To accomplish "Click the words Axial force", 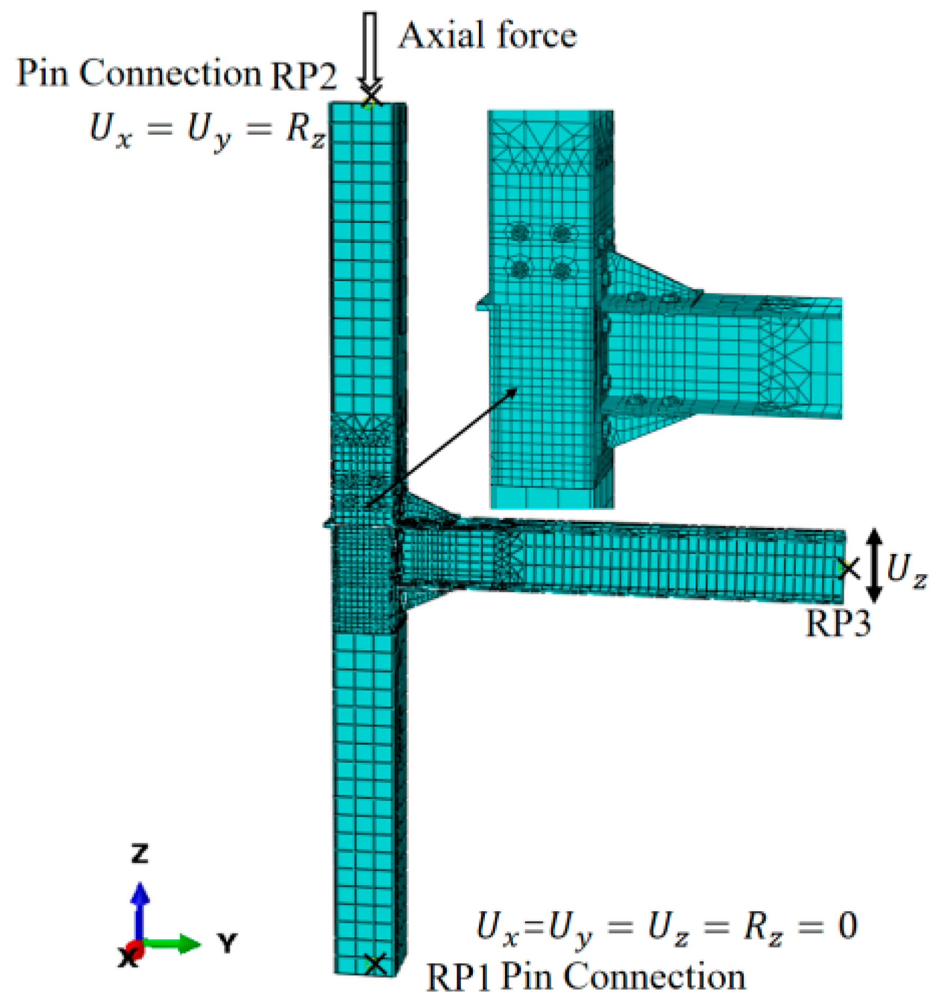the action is point(488,36).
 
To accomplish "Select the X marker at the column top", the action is point(371,98).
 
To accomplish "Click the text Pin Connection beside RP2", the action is point(139,73).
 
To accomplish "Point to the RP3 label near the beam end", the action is point(838,623).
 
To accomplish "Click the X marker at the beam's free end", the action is point(848,568).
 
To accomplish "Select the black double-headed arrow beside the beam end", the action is point(874,565).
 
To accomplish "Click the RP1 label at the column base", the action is point(459,977).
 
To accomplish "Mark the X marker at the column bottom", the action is point(375,965).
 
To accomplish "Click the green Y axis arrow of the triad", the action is point(174,944).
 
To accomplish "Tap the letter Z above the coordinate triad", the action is point(140,853).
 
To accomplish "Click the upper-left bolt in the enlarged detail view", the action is point(520,233).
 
